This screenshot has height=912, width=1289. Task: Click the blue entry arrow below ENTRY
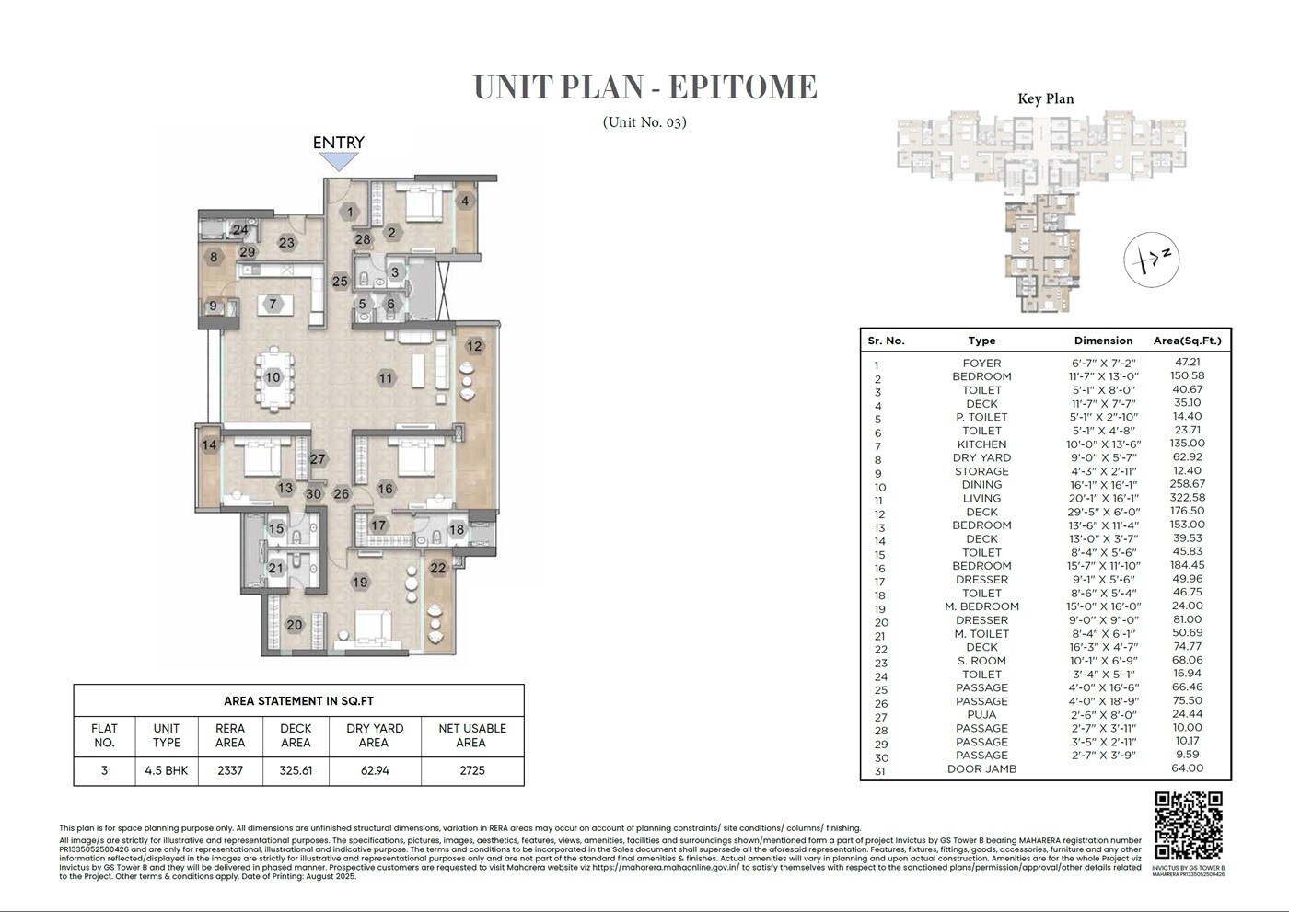coord(339,161)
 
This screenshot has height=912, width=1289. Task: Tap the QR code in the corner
coord(1188,825)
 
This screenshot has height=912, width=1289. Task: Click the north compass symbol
coord(1152,259)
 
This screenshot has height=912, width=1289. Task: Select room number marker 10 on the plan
coord(273,377)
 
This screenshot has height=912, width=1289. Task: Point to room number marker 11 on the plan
coord(385,377)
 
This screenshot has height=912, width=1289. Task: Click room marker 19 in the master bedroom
coord(359,582)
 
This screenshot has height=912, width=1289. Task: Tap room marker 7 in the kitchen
coord(273,304)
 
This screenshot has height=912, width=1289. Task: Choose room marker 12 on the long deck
coord(474,347)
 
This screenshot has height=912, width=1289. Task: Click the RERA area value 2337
coord(230,770)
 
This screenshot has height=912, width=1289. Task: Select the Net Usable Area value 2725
coord(470,770)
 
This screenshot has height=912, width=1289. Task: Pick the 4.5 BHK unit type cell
coord(167,770)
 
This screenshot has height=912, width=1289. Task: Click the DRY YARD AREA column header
coord(375,735)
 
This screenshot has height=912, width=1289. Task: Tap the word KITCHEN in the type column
coord(981,444)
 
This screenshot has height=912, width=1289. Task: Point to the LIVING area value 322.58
coord(1186,498)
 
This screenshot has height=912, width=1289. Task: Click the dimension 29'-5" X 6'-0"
coord(1103,512)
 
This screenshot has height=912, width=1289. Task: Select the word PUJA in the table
coord(981,715)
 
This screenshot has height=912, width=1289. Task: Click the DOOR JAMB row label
coord(981,769)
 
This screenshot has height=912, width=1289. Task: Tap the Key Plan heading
coord(1045,99)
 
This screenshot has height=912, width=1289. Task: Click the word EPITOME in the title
coord(742,87)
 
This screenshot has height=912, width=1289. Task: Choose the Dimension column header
coord(1103,341)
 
